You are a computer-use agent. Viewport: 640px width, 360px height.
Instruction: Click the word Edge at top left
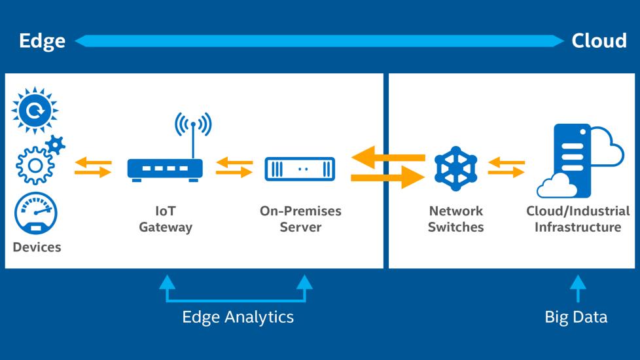(x=42, y=41)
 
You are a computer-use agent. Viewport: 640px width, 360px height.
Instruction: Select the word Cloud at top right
(x=599, y=41)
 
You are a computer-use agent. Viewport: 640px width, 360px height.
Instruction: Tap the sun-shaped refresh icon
(x=35, y=111)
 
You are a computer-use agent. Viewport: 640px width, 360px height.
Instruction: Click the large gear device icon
(x=34, y=164)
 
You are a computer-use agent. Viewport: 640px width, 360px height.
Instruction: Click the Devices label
(x=37, y=247)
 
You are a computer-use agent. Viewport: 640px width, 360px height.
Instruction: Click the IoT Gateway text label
(x=166, y=219)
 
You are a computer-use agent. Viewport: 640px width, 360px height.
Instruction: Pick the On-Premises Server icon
(x=300, y=169)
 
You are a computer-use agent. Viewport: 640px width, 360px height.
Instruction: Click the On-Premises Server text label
(x=300, y=219)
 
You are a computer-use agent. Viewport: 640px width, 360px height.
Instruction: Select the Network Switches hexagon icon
(x=456, y=169)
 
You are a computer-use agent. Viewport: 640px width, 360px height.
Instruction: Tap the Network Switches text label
(x=456, y=219)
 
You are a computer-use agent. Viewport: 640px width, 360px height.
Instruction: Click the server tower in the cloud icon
(x=571, y=157)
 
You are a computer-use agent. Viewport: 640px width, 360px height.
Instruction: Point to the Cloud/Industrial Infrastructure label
(x=578, y=219)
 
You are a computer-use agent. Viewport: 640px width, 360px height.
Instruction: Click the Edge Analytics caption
(x=238, y=317)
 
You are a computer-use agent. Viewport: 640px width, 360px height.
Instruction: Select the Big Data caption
(x=576, y=317)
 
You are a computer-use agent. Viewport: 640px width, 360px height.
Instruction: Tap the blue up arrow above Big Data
(x=577, y=288)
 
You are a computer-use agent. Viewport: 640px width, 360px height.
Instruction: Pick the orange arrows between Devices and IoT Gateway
(x=92, y=168)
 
